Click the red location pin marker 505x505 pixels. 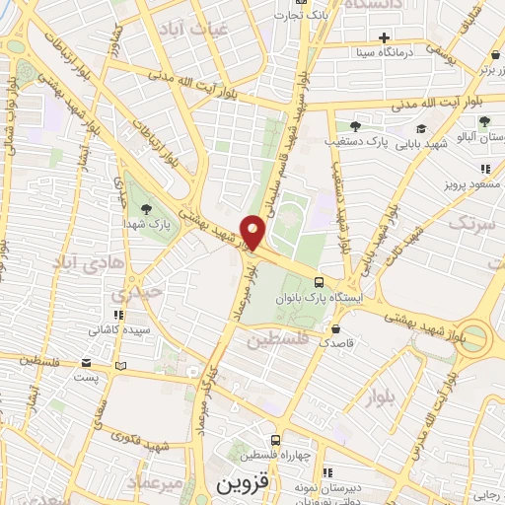click(x=253, y=232)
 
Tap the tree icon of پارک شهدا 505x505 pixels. click(x=146, y=208)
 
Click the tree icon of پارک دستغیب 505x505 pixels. click(x=355, y=125)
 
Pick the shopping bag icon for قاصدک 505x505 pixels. click(x=337, y=329)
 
